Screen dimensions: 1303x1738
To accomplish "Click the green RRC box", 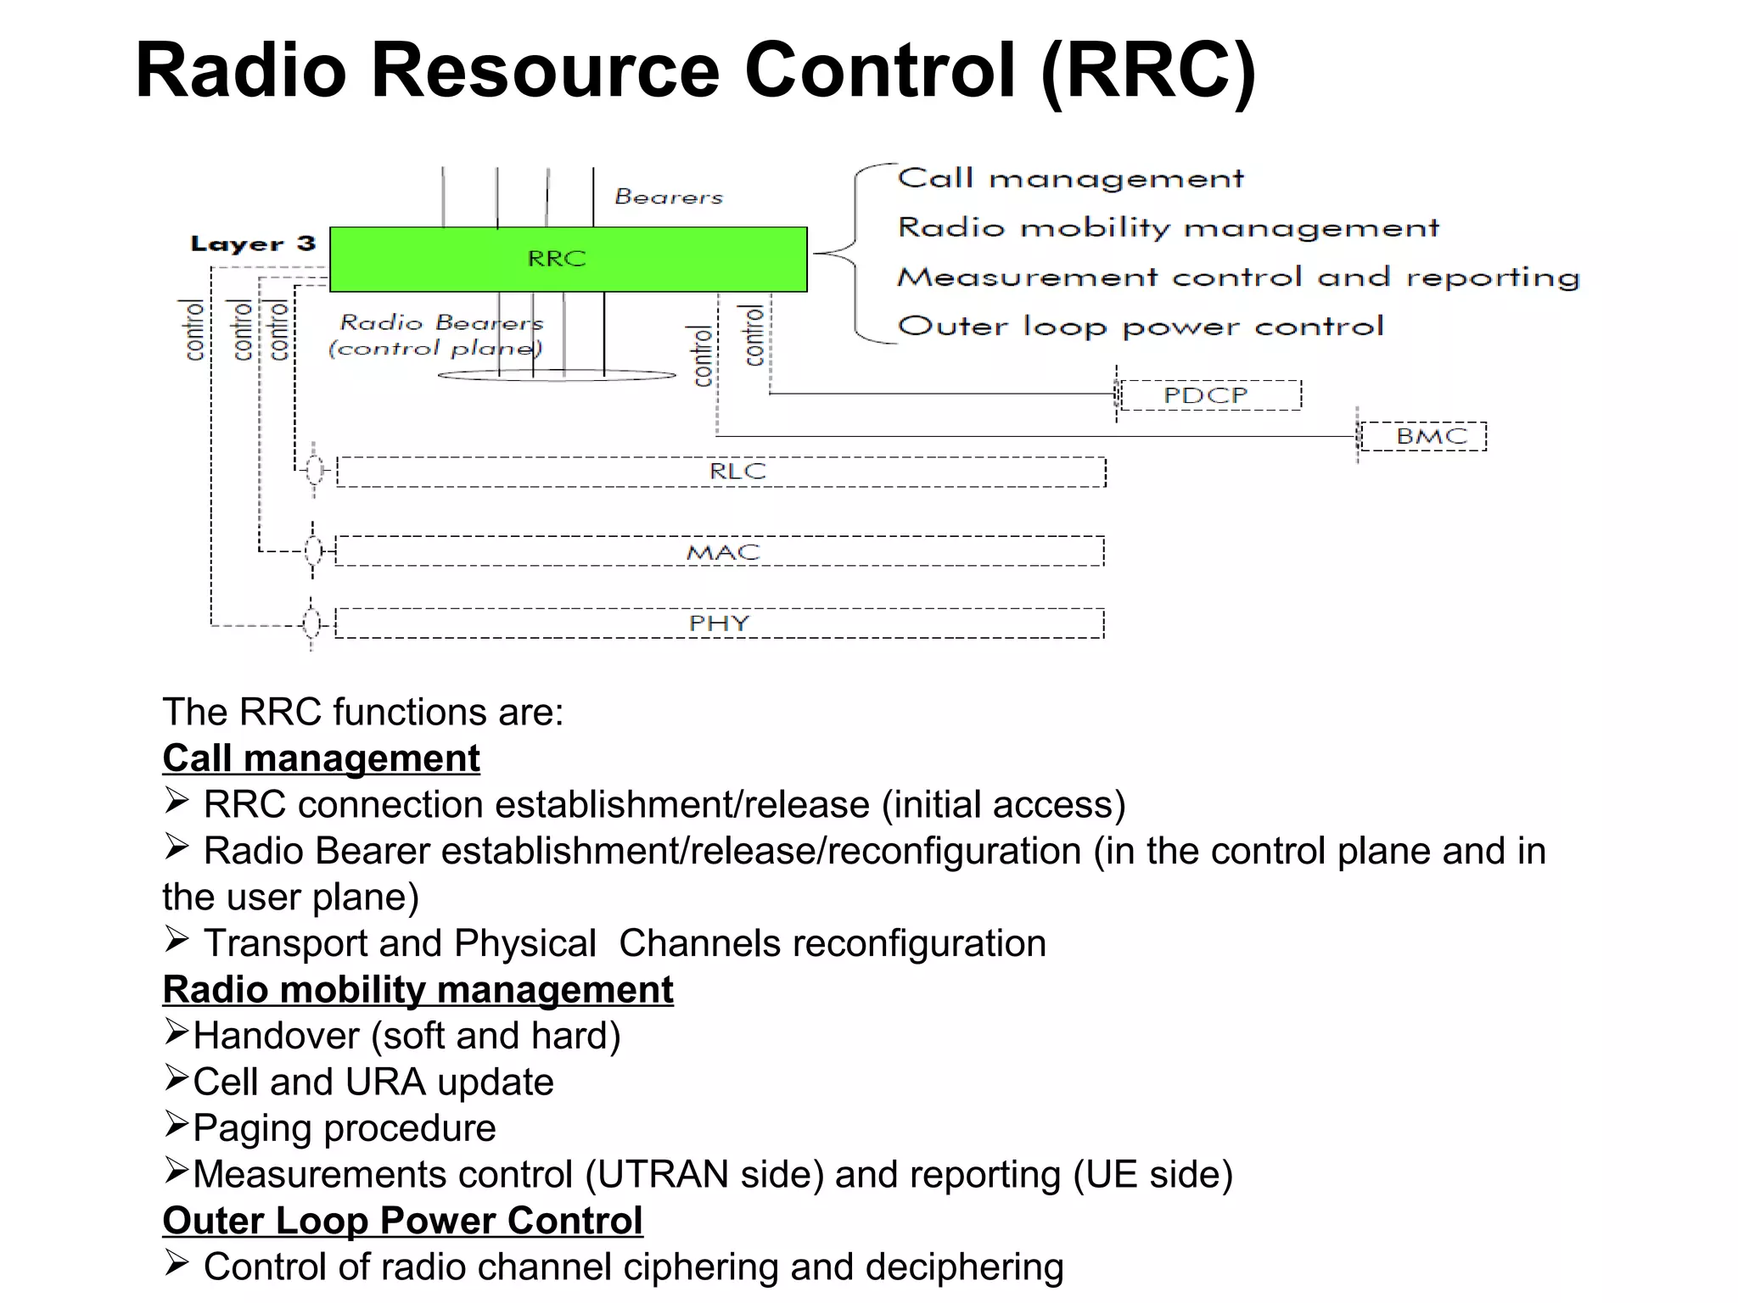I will click(x=568, y=259).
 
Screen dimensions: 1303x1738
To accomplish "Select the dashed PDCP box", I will click(x=1210, y=395).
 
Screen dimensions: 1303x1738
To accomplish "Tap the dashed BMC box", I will click(x=1423, y=437).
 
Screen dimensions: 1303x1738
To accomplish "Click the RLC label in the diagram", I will click(x=737, y=472).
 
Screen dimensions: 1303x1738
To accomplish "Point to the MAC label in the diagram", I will click(x=722, y=552).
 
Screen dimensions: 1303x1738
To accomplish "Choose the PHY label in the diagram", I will click(x=719, y=624).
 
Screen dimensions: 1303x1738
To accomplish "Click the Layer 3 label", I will click(x=253, y=244).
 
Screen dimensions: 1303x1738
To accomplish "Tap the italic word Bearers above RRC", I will click(x=669, y=197).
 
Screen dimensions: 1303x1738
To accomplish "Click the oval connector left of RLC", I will click(x=315, y=469).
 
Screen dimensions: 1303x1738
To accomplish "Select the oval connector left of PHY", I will click(x=311, y=624).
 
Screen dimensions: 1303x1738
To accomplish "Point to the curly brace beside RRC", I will click(x=853, y=253).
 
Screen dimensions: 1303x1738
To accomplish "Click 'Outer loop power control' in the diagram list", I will click(x=1140, y=327).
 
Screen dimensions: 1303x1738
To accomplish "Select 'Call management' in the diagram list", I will click(x=1070, y=178).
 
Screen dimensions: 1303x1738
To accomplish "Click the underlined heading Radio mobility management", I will click(x=418, y=990).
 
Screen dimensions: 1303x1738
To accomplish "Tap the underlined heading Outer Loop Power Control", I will click(x=402, y=1221).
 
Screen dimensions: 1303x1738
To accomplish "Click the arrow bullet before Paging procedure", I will click(x=176, y=1124).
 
